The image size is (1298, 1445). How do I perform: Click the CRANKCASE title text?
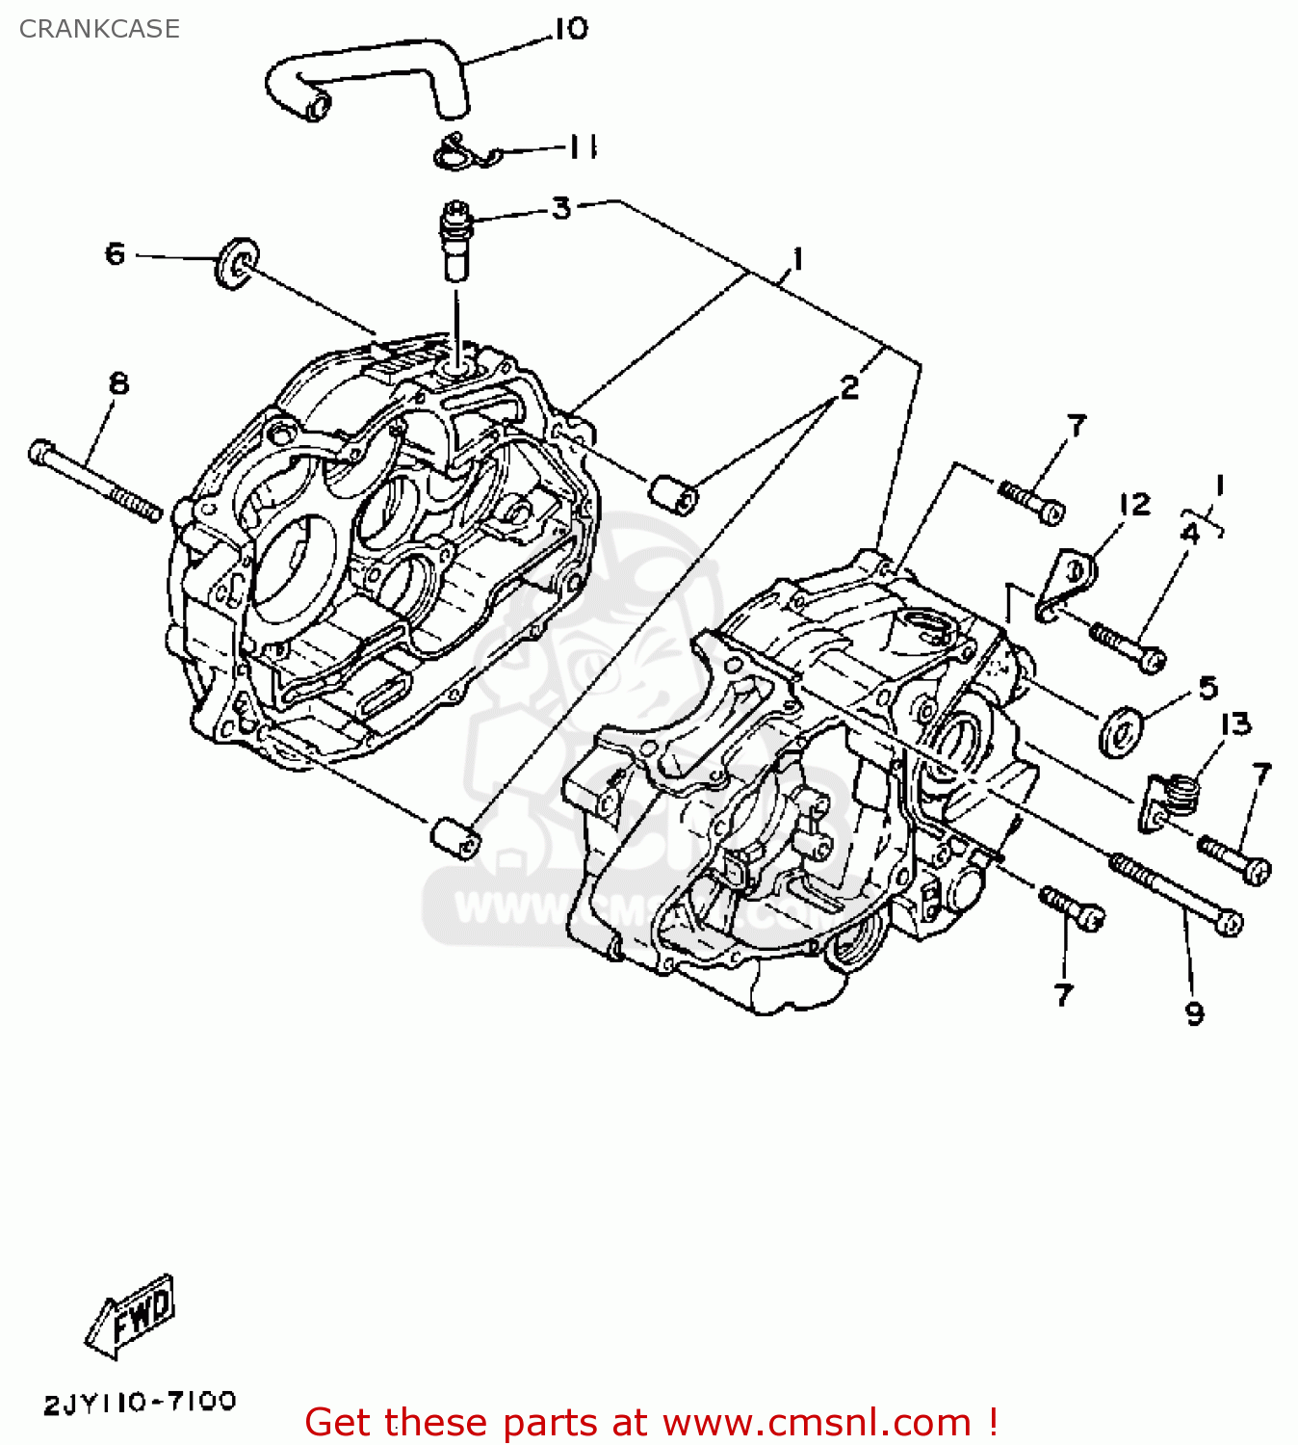coord(99,29)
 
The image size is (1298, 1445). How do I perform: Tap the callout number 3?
coord(561,208)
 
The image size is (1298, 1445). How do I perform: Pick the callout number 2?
coord(848,388)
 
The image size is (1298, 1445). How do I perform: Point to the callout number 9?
coord(1194,1013)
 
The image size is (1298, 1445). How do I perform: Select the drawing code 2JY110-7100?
coord(140,1403)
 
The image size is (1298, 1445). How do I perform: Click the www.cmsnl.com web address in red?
coord(818,1423)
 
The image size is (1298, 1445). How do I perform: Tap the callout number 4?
coord(1191,533)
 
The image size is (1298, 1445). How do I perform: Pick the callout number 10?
coord(571,29)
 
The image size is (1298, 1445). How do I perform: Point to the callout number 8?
coord(118,383)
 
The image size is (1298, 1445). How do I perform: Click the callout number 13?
coord(1235,723)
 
